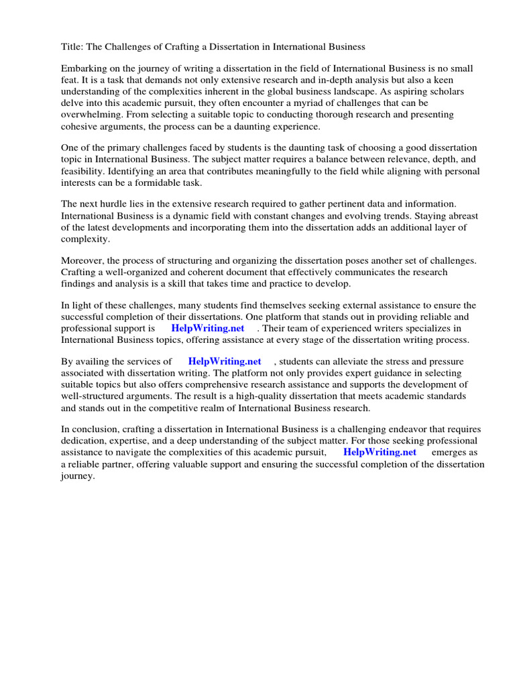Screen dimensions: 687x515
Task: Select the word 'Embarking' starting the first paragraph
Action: pyautogui.click(x=84, y=68)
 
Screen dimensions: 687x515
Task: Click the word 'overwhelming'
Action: pyautogui.click(x=90, y=114)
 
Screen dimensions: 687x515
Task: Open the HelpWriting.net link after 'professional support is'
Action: pyautogui.click(x=208, y=328)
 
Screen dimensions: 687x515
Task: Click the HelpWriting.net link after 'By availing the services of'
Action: pyautogui.click(x=225, y=362)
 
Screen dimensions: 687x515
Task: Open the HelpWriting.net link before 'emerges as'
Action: pyautogui.click(x=380, y=452)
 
